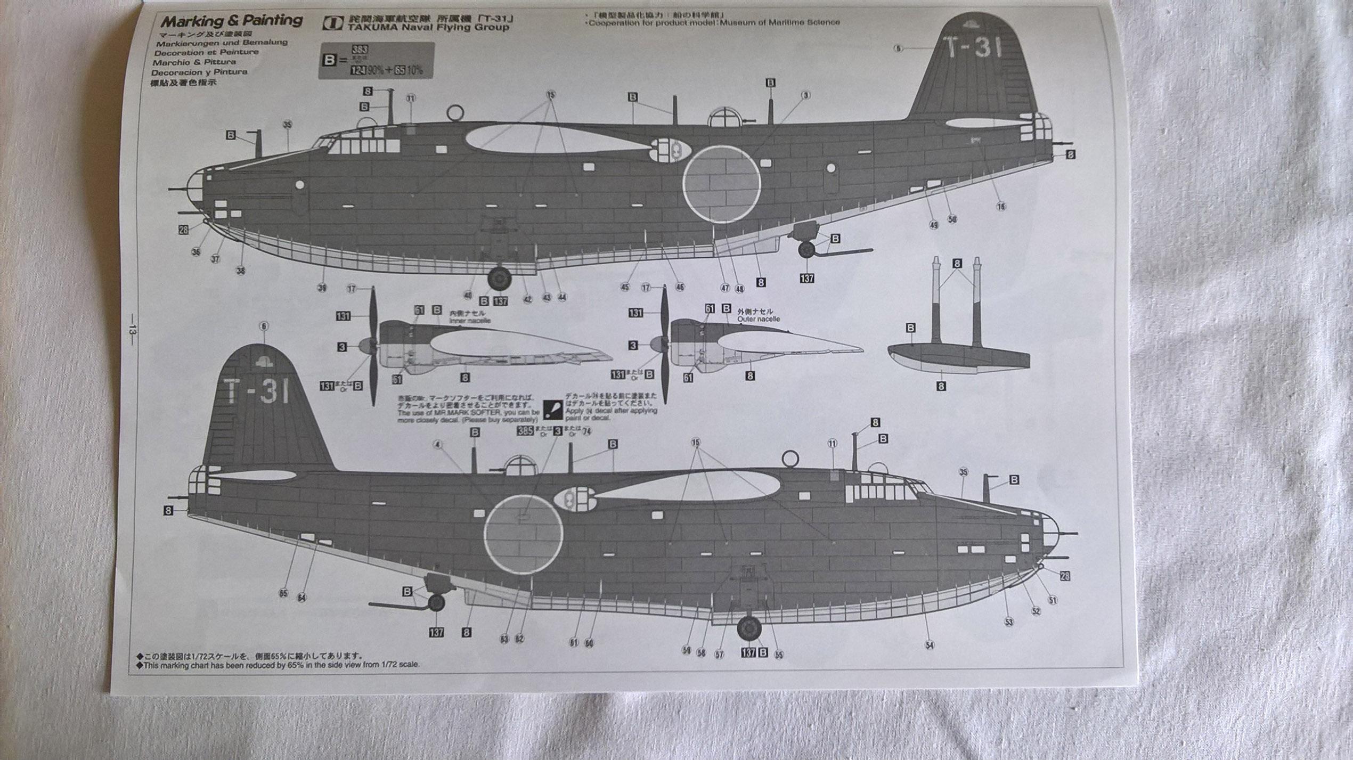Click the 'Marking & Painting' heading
click(x=231, y=21)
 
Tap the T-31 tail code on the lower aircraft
click(x=258, y=391)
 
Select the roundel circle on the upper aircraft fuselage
click(x=721, y=184)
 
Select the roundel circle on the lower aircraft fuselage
click(x=523, y=533)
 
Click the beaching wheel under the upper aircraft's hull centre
click(x=499, y=277)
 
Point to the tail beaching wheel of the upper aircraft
click(x=807, y=249)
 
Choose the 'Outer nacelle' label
click(x=759, y=319)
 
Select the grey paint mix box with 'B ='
click(x=376, y=61)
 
